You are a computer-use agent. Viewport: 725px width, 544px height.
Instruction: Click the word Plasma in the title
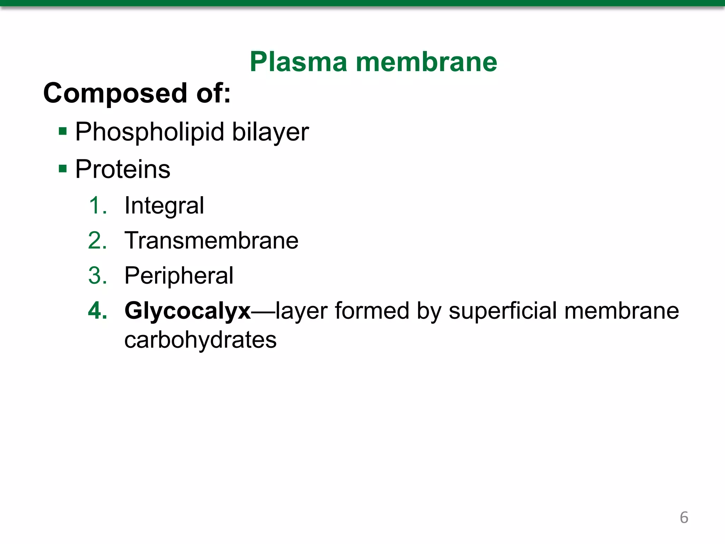click(x=298, y=62)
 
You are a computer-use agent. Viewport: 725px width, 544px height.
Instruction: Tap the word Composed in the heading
click(x=115, y=93)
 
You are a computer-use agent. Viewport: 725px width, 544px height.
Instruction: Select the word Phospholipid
click(x=150, y=132)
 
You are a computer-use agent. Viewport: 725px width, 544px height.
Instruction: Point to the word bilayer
click(x=270, y=132)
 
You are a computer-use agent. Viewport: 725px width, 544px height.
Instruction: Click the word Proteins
click(x=123, y=169)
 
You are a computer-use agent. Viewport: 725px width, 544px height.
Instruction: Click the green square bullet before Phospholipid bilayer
click(x=63, y=132)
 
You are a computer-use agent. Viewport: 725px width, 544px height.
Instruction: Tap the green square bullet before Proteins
click(x=63, y=169)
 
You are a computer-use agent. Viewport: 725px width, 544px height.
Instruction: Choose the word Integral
click(x=164, y=206)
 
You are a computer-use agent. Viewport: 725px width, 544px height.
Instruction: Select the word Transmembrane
click(x=211, y=240)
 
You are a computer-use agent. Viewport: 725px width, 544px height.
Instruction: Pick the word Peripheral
click(x=179, y=276)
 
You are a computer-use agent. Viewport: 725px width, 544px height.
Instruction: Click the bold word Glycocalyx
click(x=188, y=311)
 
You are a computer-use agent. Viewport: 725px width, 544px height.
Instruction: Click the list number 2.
click(x=97, y=240)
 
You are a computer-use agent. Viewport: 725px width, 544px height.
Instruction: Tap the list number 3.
click(x=97, y=276)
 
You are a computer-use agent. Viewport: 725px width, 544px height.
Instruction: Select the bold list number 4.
click(x=97, y=311)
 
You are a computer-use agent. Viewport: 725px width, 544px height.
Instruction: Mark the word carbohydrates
click(x=200, y=340)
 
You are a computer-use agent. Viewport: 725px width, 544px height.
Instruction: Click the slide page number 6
click(x=684, y=517)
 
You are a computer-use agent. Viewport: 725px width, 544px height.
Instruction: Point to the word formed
click(x=372, y=311)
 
